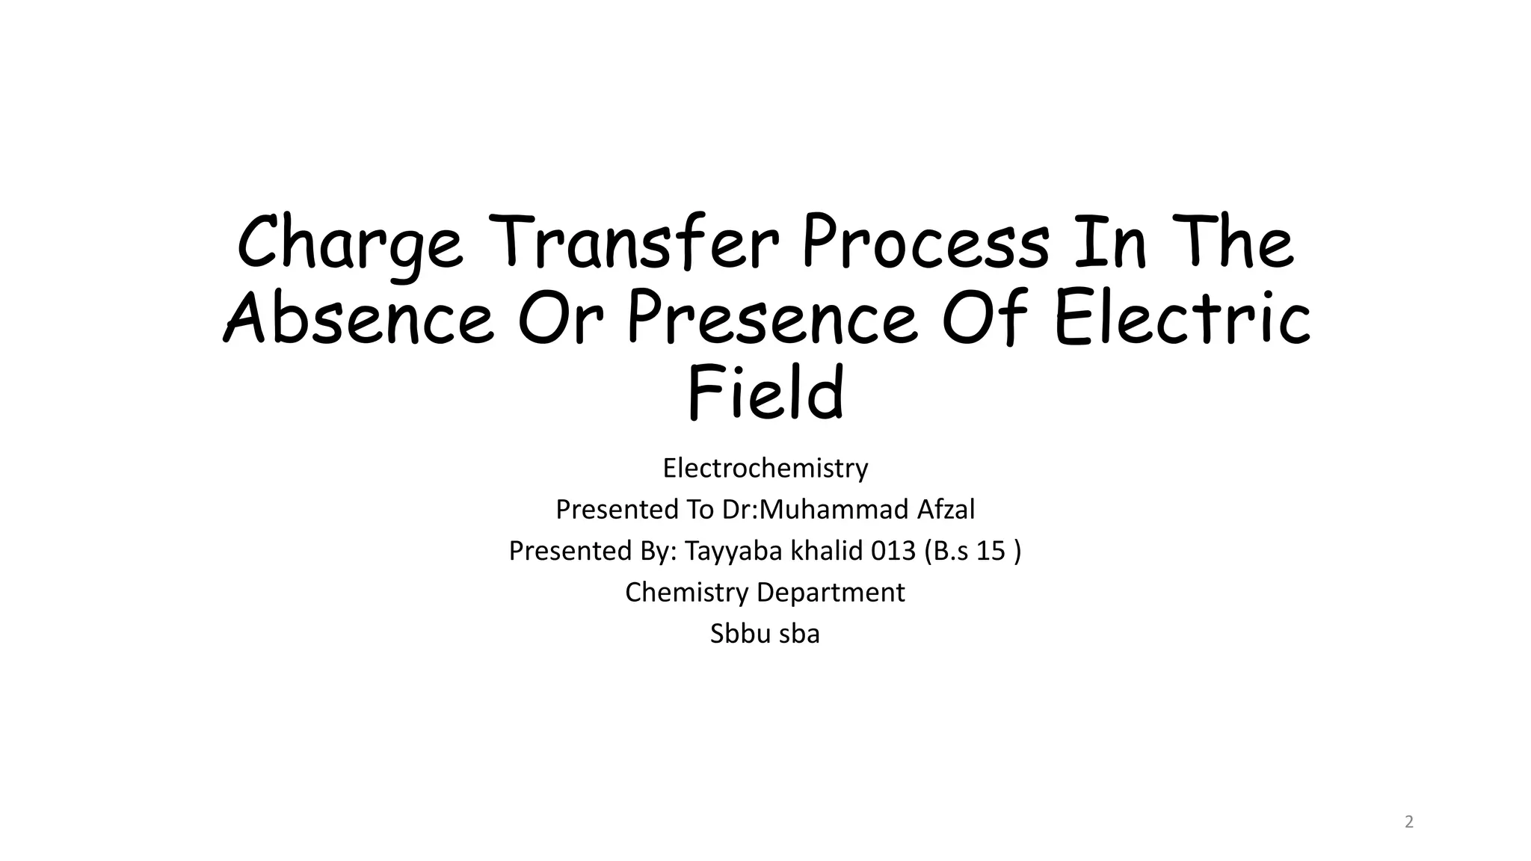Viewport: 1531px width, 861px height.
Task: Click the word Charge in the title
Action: pos(349,244)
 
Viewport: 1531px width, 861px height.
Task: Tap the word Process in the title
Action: pos(925,242)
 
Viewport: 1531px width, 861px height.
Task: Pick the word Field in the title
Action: pos(765,393)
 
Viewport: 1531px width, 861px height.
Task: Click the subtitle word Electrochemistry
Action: pos(765,469)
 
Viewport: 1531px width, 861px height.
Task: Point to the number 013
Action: pos(893,551)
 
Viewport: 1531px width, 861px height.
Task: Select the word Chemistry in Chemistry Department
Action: pos(686,593)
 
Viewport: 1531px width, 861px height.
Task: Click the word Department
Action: pos(831,593)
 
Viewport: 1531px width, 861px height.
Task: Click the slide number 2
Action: pos(1409,823)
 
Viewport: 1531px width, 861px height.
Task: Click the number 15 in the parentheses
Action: pos(991,551)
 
